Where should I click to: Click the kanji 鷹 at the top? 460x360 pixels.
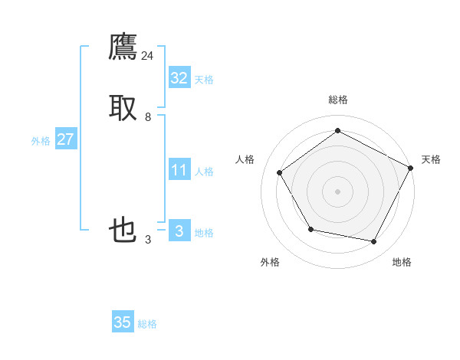tap(123, 47)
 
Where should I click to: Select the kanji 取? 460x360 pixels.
tap(123, 108)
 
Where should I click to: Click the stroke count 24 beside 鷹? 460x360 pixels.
tap(148, 56)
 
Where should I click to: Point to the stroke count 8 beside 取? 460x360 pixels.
tap(148, 117)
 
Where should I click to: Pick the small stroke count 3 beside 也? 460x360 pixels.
tap(148, 240)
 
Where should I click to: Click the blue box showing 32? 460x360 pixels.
tap(179, 77)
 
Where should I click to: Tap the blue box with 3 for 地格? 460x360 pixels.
tap(179, 231)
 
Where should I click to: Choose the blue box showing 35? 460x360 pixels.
tap(123, 322)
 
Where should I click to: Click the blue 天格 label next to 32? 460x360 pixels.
tap(204, 80)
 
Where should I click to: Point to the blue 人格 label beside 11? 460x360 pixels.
tap(204, 172)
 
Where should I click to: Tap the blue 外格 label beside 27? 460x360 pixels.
tap(41, 141)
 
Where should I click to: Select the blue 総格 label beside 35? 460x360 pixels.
tap(147, 325)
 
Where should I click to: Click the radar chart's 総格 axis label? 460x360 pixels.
tap(337, 100)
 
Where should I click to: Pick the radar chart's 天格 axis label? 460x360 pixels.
tap(431, 159)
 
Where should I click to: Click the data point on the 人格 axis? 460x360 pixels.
tap(280, 172)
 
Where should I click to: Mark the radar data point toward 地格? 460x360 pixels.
tap(374, 242)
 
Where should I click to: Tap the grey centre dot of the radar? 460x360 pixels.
tap(337, 191)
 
